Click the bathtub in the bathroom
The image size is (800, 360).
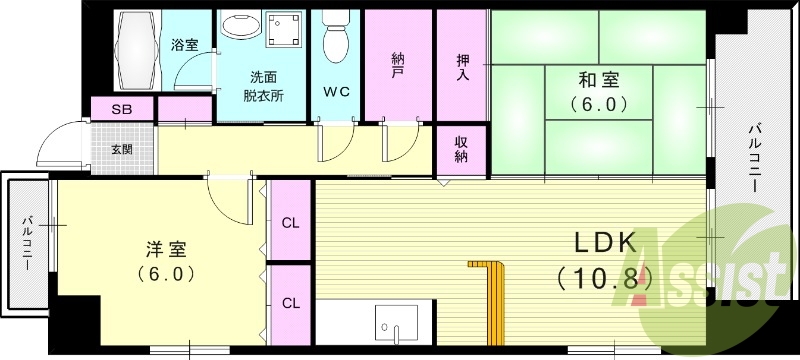point(137,50)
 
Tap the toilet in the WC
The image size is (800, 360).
point(335,36)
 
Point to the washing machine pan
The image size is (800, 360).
point(284,30)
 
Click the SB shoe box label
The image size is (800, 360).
point(121,109)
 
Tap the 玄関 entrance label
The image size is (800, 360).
point(122,149)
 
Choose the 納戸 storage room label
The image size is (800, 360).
point(398,65)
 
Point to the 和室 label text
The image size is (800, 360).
point(598,80)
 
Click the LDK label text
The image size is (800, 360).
point(606,243)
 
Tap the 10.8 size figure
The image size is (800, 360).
point(605,278)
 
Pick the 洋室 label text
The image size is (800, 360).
point(166,250)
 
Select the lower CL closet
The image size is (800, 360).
point(290,305)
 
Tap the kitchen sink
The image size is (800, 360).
point(396,324)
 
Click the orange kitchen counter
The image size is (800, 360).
point(493,302)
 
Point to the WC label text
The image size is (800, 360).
point(336,92)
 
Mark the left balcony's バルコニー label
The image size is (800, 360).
point(28,244)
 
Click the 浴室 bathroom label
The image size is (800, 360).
point(185,45)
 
